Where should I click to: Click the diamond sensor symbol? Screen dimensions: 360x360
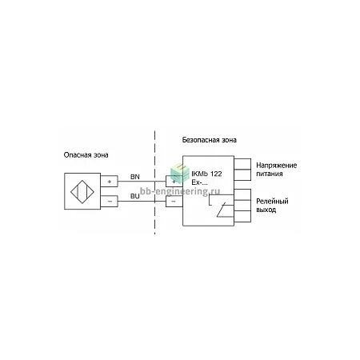click(x=82, y=192)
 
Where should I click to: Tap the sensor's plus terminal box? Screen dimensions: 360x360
click(x=109, y=182)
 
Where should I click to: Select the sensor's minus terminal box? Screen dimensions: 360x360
click(x=109, y=201)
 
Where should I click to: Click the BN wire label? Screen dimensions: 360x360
click(x=135, y=177)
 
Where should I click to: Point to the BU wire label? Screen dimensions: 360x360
click(x=135, y=196)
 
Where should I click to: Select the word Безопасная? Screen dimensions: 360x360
click(x=197, y=140)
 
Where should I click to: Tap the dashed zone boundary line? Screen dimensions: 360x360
click(x=154, y=182)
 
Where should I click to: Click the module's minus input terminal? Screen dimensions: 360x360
click(x=174, y=202)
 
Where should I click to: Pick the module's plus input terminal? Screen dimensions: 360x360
click(x=174, y=182)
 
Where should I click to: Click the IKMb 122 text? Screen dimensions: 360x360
click(x=206, y=174)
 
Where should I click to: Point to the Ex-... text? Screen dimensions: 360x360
click(x=199, y=182)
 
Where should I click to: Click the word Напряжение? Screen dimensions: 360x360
click(x=277, y=166)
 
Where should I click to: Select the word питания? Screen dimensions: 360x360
click(x=270, y=174)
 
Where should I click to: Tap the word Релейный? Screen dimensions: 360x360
click(x=272, y=201)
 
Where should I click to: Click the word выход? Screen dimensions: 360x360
click(x=266, y=210)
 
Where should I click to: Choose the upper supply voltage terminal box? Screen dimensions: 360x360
click(x=242, y=164)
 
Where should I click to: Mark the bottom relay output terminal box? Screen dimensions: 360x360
click(x=242, y=216)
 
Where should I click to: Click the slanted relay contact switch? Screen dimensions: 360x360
click(x=221, y=210)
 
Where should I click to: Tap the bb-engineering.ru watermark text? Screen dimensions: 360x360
click(x=180, y=191)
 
